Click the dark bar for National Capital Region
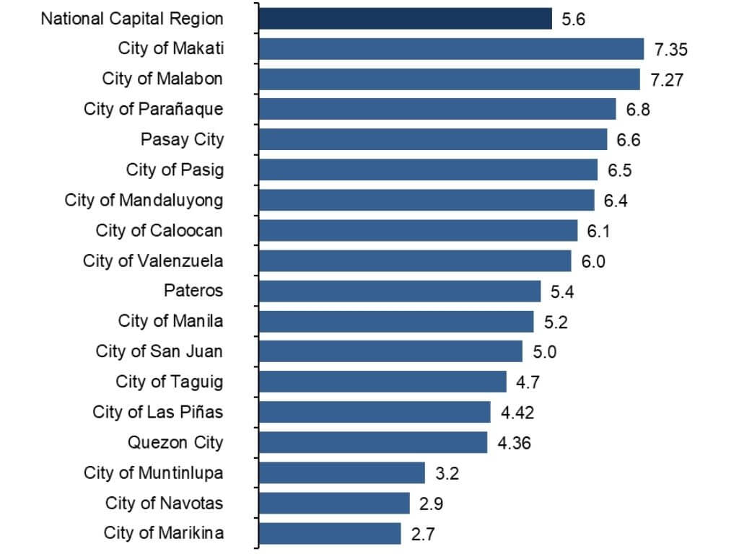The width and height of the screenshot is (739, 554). point(404,18)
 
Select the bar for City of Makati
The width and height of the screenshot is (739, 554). point(450,48)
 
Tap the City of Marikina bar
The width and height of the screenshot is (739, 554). point(329,533)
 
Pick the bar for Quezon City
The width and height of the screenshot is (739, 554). point(372,442)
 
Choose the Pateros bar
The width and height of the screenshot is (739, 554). point(399,291)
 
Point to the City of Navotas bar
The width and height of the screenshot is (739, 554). point(333,503)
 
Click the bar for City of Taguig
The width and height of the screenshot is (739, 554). point(382,382)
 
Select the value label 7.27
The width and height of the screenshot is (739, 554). point(667,79)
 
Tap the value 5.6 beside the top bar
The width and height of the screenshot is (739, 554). point(573,19)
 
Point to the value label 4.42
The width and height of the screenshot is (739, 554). point(517,413)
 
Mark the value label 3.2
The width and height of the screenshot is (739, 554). point(447,473)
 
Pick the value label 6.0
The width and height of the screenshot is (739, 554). point(593,261)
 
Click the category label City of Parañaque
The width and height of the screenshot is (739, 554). point(153,109)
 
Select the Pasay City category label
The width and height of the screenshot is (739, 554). point(182,139)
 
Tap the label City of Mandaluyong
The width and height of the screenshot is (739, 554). point(144,200)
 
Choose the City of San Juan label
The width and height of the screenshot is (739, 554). point(159,351)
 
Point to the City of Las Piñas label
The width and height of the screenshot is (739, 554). point(157,412)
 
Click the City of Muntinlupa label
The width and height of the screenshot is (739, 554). point(153,472)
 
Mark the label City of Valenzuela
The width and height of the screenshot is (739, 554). point(153,260)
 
